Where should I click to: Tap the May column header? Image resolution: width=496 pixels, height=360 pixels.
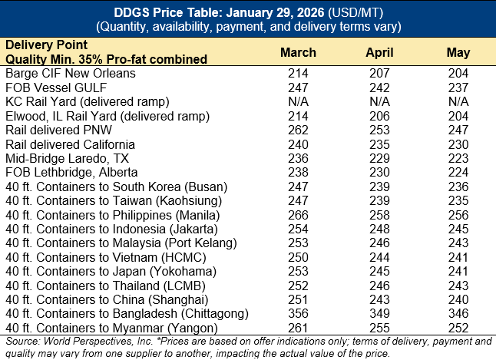[458, 52]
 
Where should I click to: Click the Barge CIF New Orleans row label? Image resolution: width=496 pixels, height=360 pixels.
[71, 73]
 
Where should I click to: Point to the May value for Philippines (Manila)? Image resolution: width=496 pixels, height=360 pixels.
[458, 215]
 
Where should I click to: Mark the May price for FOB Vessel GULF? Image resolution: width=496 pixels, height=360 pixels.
[458, 87]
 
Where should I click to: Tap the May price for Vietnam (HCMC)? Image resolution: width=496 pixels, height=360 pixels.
[458, 257]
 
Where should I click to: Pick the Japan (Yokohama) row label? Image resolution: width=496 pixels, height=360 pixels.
[114, 271]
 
